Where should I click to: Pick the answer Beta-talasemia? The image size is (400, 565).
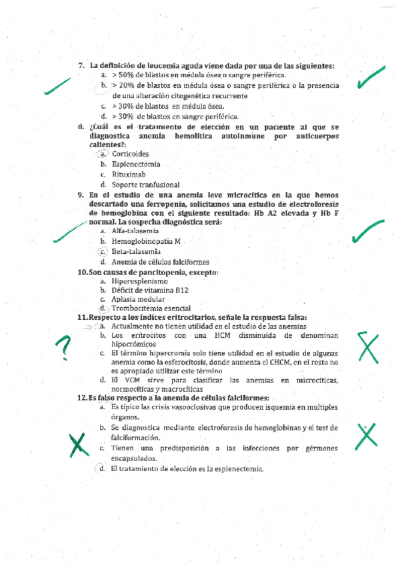point(136,252)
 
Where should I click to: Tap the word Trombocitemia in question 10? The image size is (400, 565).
point(138,309)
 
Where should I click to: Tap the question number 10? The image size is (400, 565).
point(83,273)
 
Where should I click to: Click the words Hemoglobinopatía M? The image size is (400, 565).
point(147,241)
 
